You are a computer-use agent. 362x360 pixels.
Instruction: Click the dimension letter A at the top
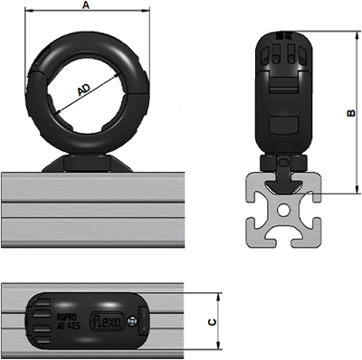(86, 5)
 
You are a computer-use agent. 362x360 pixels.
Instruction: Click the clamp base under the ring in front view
(87, 163)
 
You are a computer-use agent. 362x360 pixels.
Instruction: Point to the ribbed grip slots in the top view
(39, 320)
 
